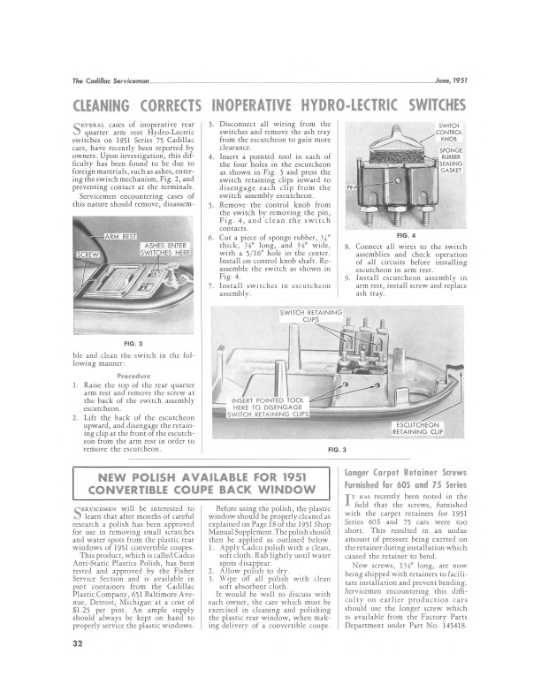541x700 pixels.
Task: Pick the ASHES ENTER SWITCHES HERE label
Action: [167, 250]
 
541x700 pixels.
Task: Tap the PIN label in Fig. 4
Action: [351, 187]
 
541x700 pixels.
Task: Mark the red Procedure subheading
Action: [134, 376]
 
